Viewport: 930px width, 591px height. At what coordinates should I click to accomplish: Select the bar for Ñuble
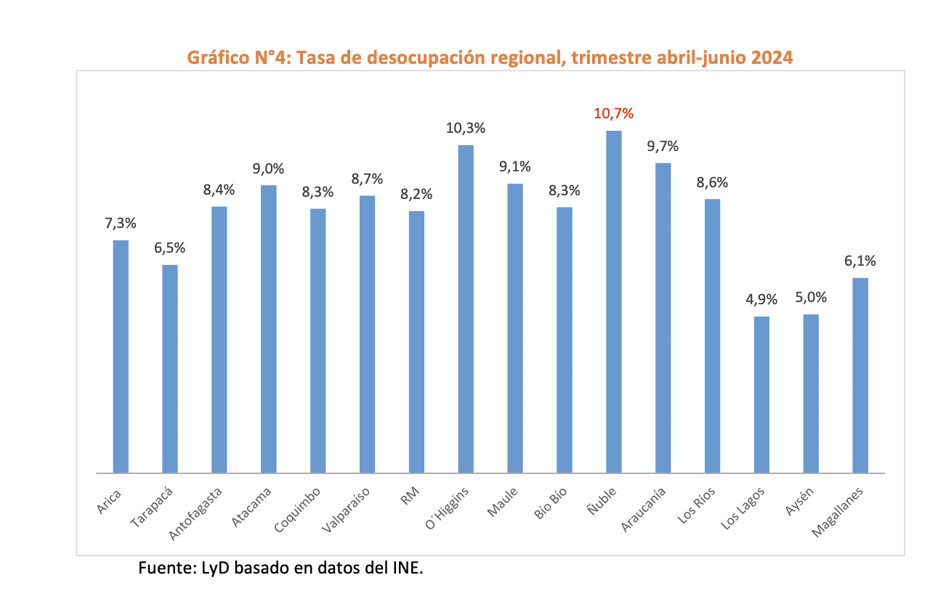tap(614, 302)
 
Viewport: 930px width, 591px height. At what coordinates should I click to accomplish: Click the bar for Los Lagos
tap(761, 395)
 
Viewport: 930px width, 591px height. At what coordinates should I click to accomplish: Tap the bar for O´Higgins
tap(466, 309)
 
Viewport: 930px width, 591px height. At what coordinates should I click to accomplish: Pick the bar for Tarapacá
tap(169, 369)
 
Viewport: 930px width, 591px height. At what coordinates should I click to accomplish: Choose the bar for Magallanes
tap(860, 375)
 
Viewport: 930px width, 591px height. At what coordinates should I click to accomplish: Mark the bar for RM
tap(416, 342)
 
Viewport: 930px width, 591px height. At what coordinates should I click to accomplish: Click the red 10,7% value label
tap(614, 113)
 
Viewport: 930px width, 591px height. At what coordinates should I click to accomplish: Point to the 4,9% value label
tap(761, 299)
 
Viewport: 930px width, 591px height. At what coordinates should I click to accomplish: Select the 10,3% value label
tap(466, 128)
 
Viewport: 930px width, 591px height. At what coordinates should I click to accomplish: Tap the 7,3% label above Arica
tap(121, 223)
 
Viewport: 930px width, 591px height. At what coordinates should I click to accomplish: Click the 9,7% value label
tap(663, 146)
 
